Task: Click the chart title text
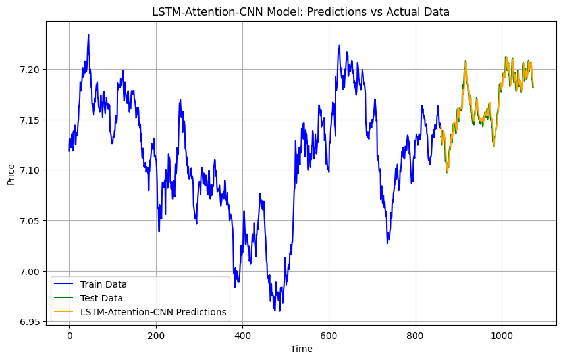pos(301,11)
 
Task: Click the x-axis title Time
pos(301,349)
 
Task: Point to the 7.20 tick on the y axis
pos(31,69)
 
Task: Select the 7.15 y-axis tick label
pos(31,120)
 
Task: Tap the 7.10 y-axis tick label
pos(31,170)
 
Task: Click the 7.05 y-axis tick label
pos(31,221)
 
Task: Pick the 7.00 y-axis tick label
pos(31,271)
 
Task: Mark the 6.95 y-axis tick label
pos(31,322)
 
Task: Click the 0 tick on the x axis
pos(69,334)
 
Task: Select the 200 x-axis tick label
pos(156,334)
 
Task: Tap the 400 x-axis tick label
pos(242,334)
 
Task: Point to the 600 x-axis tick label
pos(329,334)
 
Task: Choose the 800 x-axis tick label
pos(416,334)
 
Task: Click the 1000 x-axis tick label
pos(502,334)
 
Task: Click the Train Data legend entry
pos(103,285)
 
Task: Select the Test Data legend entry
pos(101,298)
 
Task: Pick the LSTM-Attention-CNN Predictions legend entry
pos(153,312)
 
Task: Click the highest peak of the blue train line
pos(88,35)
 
